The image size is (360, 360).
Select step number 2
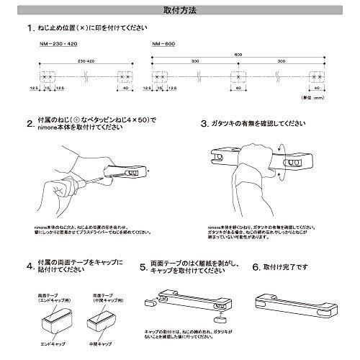(x=30, y=122)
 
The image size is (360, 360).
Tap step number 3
(x=204, y=123)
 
